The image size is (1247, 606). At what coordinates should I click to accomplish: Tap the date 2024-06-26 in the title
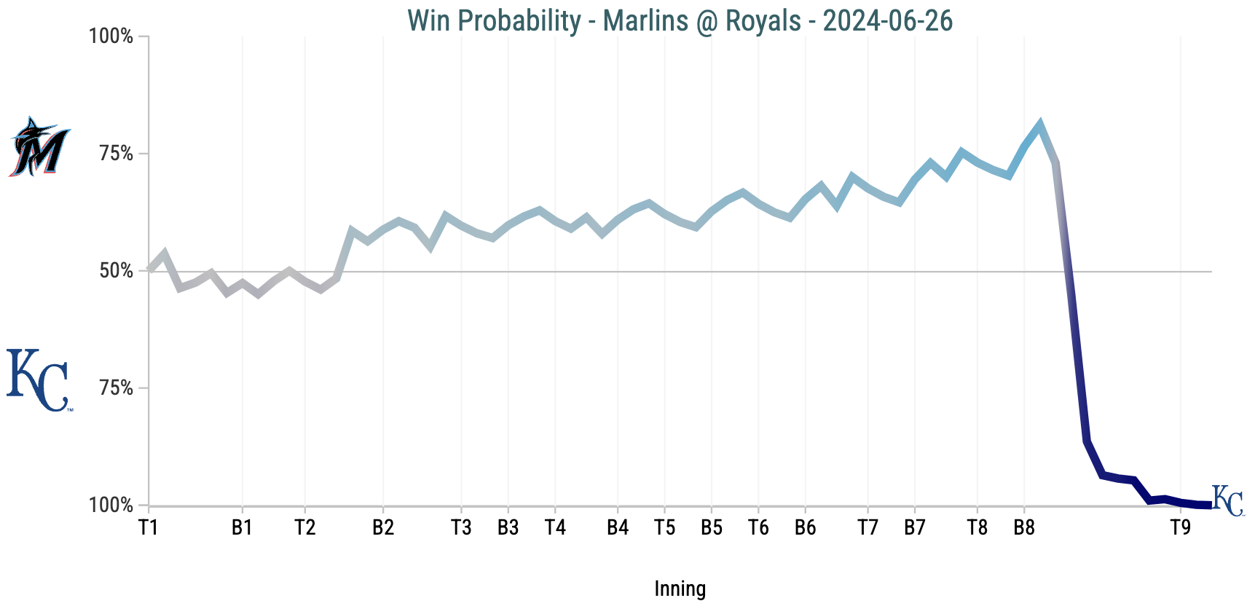pyautogui.click(x=887, y=20)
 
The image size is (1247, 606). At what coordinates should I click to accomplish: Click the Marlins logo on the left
pyautogui.click(x=39, y=147)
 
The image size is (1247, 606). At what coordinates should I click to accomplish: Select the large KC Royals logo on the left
pyautogui.click(x=38, y=380)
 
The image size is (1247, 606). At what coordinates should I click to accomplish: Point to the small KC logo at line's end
pyautogui.click(x=1228, y=500)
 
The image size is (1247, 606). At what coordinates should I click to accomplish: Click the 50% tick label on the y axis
pyautogui.click(x=117, y=271)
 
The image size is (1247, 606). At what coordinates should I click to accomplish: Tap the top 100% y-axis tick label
pyautogui.click(x=111, y=36)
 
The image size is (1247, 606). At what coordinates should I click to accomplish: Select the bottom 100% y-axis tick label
pyautogui.click(x=111, y=505)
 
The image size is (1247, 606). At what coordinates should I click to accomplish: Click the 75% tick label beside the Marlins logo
pyautogui.click(x=117, y=154)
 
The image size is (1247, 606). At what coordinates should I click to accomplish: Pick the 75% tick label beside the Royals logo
pyautogui.click(x=117, y=388)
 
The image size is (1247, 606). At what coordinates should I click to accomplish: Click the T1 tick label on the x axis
pyautogui.click(x=149, y=527)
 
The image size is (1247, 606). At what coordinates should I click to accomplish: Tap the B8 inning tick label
pyautogui.click(x=1024, y=527)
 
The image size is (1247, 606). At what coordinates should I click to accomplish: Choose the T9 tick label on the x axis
pyautogui.click(x=1181, y=527)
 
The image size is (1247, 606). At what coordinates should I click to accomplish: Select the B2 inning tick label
pyautogui.click(x=383, y=527)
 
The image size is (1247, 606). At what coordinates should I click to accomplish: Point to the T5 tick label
pyautogui.click(x=664, y=527)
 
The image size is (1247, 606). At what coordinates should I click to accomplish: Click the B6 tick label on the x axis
pyautogui.click(x=805, y=527)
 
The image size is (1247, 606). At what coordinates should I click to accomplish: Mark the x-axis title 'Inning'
pyautogui.click(x=680, y=589)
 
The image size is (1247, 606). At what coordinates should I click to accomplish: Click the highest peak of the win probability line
pyautogui.click(x=1039, y=124)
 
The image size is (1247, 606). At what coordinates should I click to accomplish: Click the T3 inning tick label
pyautogui.click(x=461, y=527)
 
